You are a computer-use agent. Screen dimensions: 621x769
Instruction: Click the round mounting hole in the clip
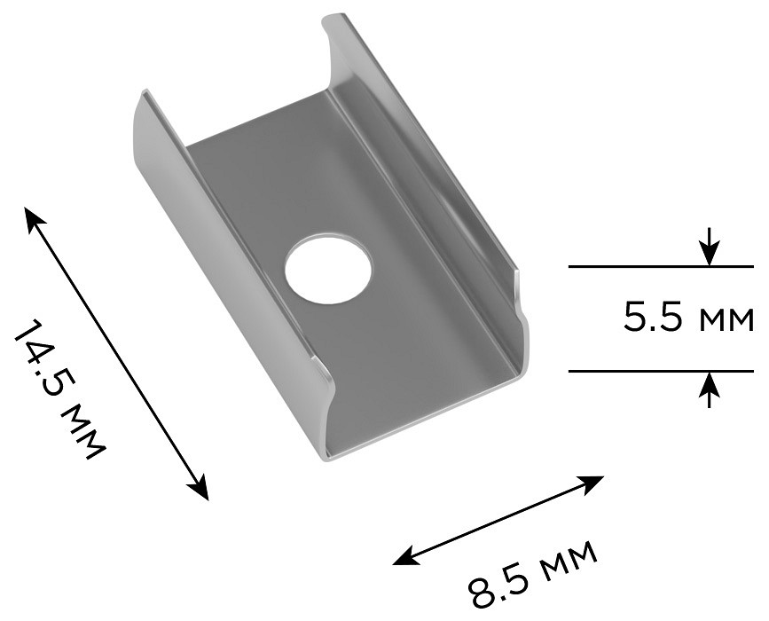[x=328, y=270]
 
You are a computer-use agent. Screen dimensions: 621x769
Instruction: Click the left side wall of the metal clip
[x=222, y=275]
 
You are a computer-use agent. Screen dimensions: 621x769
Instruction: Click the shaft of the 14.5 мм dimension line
[x=115, y=352]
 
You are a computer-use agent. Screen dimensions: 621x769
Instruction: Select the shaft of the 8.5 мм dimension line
[x=498, y=520]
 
